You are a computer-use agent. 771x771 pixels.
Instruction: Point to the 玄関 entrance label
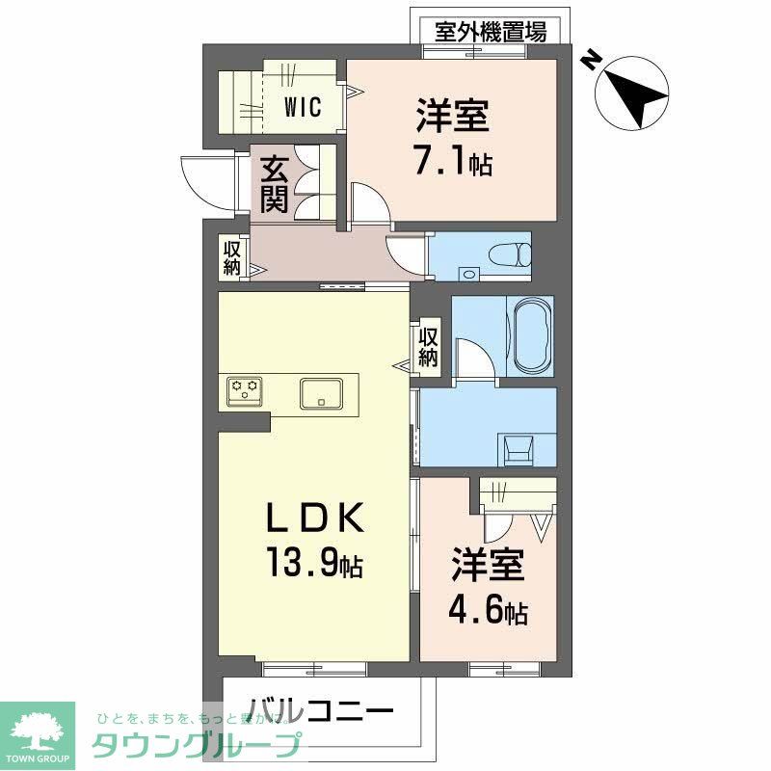coord(274,184)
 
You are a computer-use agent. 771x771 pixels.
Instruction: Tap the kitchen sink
coord(321,393)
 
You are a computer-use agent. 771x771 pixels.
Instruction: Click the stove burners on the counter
coord(244,390)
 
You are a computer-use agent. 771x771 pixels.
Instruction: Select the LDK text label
coord(314,519)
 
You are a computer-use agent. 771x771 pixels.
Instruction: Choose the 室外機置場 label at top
coord(491,32)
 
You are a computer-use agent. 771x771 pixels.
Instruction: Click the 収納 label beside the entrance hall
coord(232,256)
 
